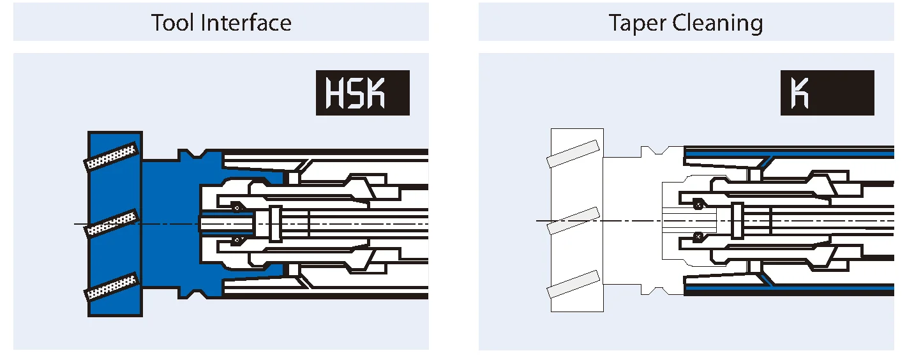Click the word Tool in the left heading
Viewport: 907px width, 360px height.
173,23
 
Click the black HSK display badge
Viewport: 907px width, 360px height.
363,93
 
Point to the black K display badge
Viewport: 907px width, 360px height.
827,93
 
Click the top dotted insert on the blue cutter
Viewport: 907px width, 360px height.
112,156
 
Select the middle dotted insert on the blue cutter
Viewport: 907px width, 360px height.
112,223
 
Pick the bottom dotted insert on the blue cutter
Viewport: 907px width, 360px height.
112,287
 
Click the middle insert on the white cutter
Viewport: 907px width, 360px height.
574,220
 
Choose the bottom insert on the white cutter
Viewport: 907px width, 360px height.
574,285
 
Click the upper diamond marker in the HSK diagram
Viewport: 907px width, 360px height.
237,207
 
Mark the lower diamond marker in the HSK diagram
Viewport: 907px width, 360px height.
237,240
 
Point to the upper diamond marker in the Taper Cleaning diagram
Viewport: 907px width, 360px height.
699,204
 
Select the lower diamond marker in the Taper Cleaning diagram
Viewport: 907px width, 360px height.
699,236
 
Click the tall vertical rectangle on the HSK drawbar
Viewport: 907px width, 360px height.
276,223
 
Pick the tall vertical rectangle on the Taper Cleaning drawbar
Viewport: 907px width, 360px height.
738,221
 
